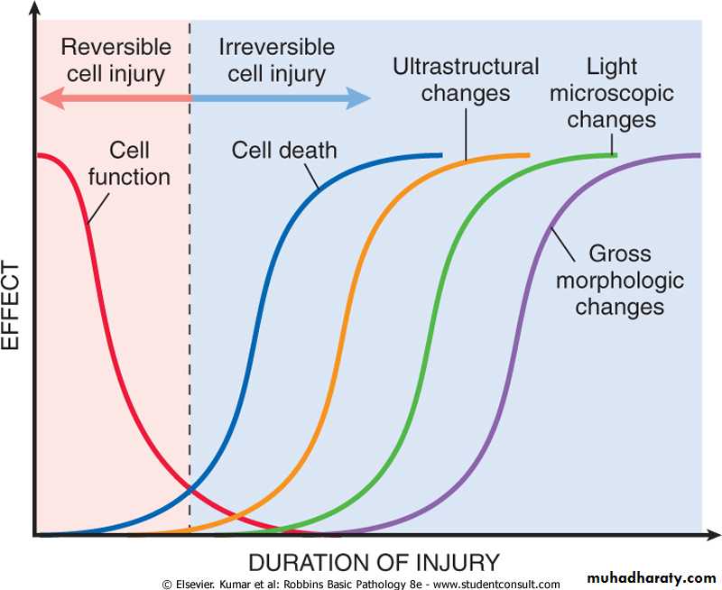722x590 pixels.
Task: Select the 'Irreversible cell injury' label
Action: (x=276, y=59)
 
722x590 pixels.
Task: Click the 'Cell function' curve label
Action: (x=128, y=163)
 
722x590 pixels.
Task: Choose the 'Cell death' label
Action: (x=284, y=150)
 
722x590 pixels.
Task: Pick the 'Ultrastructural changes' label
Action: (x=466, y=79)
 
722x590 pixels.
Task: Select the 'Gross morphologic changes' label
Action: (x=619, y=280)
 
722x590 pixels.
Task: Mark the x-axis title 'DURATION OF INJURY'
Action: (x=374, y=563)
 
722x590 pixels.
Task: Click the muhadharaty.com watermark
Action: (x=652, y=577)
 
